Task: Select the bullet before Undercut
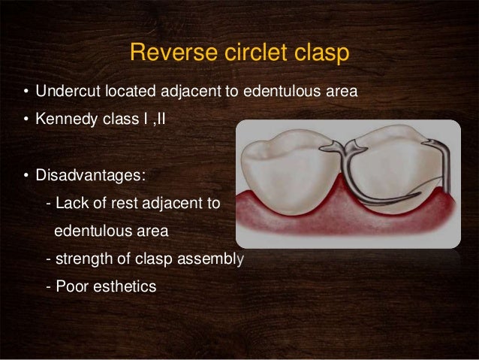pyautogui.click(x=25, y=93)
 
